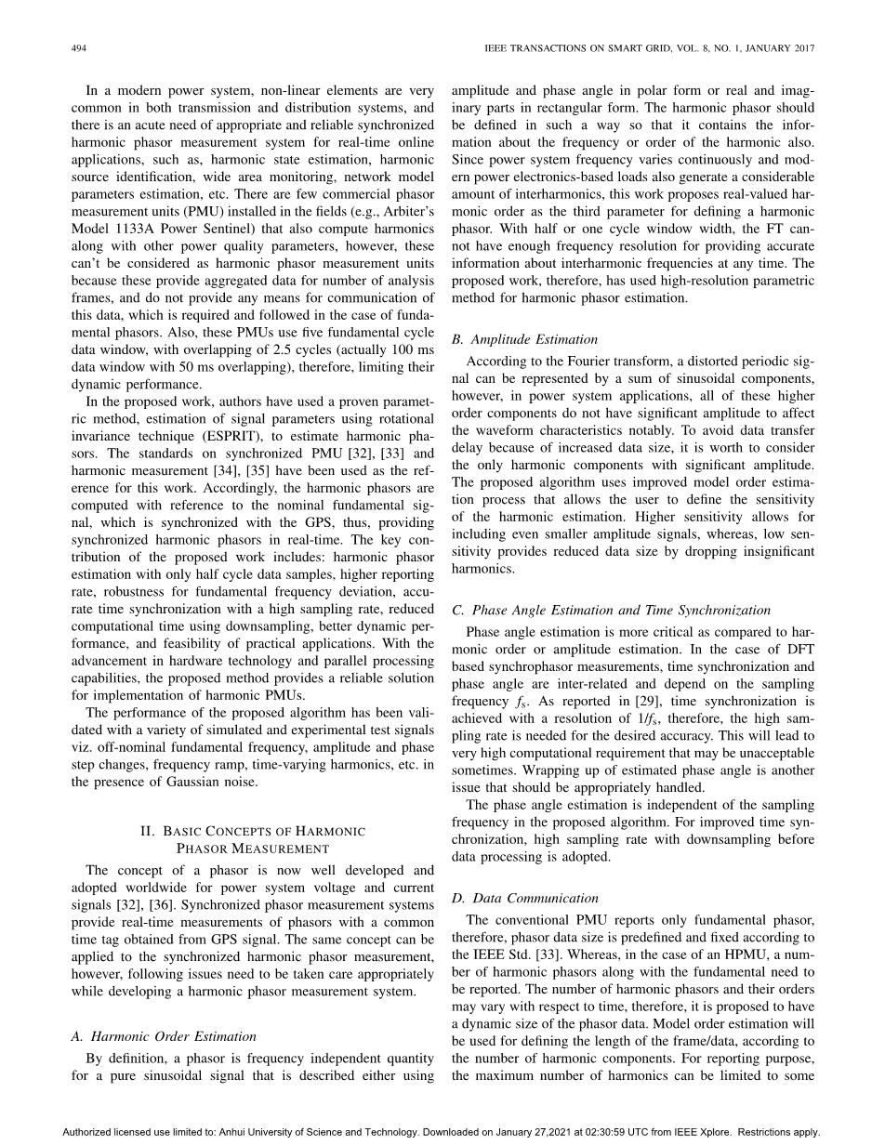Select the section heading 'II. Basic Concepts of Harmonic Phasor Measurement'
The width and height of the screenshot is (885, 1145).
(x=253, y=839)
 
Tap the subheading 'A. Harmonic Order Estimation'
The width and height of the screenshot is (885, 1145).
(x=164, y=1035)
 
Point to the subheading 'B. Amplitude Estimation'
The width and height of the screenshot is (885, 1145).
(x=524, y=339)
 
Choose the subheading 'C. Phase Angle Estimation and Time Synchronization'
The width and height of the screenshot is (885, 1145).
(x=611, y=611)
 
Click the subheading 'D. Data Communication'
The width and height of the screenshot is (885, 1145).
(x=524, y=898)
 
